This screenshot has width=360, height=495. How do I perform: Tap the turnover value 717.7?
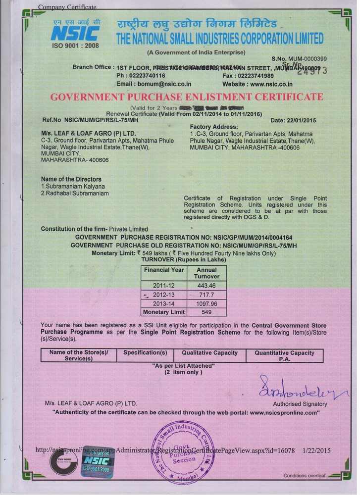click(206, 294)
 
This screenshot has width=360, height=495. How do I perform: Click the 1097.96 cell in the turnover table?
click(206, 303)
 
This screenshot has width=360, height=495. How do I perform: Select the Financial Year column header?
click(164, 270)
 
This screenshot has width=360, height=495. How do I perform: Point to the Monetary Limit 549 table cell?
click(206, 312)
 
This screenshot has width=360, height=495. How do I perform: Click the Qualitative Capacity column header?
click(209, 353)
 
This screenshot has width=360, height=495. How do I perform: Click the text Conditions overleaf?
click(305, 476)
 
